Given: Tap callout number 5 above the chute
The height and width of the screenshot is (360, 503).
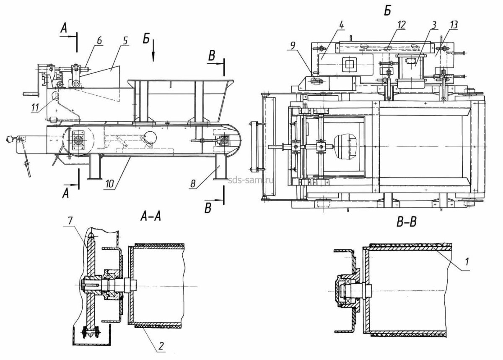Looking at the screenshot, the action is pos(125,41).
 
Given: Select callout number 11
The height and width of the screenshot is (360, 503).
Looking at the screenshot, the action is pos(35,108).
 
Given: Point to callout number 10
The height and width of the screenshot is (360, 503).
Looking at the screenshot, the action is pos(110,184).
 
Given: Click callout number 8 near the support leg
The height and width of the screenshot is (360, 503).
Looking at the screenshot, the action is pos(193,184).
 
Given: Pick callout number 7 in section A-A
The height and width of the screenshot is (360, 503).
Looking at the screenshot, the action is pos(70,222).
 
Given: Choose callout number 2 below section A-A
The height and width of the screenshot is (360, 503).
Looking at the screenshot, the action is pos(161,347).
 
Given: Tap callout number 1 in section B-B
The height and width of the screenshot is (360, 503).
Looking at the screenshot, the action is pos(467,261).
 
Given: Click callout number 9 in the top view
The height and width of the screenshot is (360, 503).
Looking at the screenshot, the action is pos(293,47).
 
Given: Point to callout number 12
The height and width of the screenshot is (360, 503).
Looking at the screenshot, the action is pos(401,25).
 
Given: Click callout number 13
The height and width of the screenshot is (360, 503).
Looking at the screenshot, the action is pos(453,25).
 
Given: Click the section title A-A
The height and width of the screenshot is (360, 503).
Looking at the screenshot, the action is pos(150,217).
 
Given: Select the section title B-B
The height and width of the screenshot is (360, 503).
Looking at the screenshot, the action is pos(407,222).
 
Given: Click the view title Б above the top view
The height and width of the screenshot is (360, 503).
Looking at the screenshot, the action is pos(388,11).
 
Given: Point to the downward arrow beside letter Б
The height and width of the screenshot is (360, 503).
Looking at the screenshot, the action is pos(153,51).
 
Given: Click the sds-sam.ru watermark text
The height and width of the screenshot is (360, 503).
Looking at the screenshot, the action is pos(250,180).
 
